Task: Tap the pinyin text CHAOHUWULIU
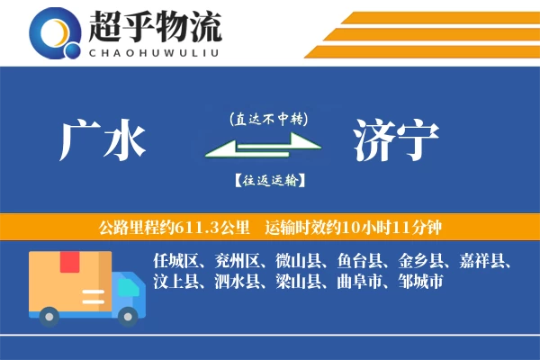coord(155,52)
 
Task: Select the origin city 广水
coord(102,140)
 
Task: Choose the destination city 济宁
coord(396,140)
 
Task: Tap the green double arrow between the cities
coord(262,148)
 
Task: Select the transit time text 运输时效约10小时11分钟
coord(352,226)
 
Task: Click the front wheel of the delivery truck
coord(125,316)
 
